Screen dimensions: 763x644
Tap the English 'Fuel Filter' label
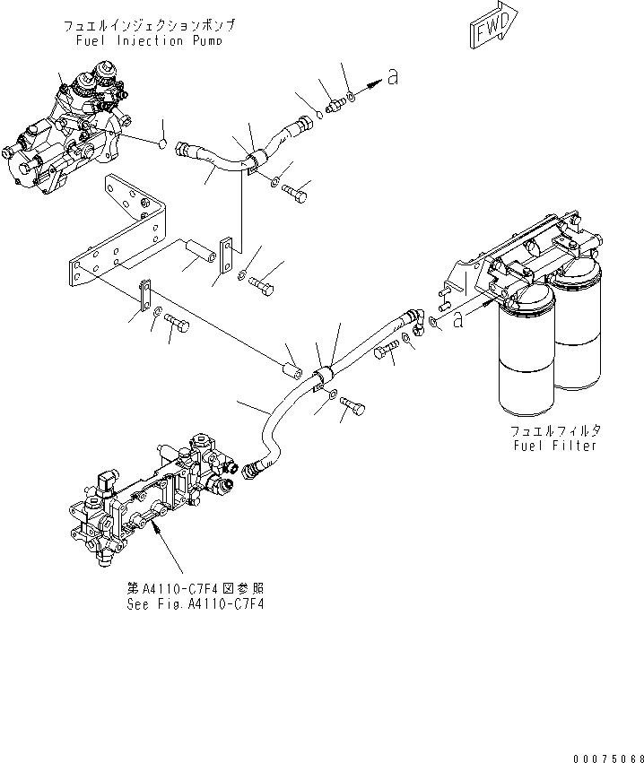[x=554, y=445]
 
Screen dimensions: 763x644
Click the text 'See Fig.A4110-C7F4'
[x=196, y=603]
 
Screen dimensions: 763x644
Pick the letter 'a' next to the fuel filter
[x=458, y=317]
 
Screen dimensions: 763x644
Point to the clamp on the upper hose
[x=253, y=160]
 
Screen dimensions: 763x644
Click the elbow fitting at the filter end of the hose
[x=413, y=316]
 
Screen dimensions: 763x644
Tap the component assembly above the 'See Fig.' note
[x=152, y=498]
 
